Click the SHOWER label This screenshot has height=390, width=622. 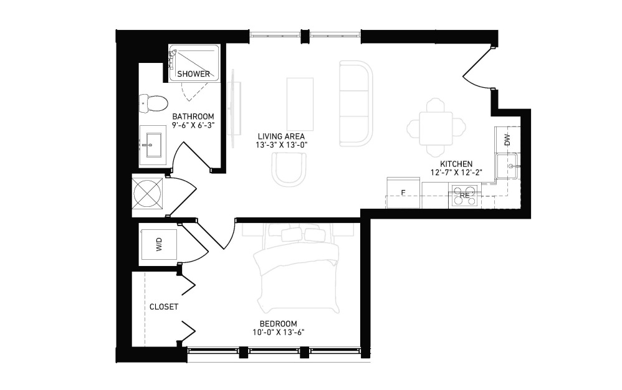point(194,74)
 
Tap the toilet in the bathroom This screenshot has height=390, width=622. point(153,103)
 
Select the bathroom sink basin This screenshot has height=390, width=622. point(153,140)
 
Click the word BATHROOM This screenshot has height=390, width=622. point(193,117)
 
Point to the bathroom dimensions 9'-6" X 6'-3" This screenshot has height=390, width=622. point(193,125)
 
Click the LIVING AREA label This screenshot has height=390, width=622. point(281,136)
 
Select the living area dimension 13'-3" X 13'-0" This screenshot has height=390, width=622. point(282,145)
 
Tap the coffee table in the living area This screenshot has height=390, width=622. point(300,104)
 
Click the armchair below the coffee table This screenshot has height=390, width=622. point(289,169)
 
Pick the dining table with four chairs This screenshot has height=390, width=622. point(436,127)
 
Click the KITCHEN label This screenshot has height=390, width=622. point(456,164)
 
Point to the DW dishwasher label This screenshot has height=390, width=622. point(507,140)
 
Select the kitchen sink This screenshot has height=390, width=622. point(507,166)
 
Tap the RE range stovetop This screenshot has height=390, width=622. point(464,196)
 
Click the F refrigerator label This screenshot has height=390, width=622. point(403,193)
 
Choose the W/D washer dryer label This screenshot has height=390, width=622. point(159,244)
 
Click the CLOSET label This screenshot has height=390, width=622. point(164,307)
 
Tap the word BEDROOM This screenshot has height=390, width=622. point(279,324)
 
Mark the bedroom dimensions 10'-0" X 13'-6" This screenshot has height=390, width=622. point(279,333)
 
